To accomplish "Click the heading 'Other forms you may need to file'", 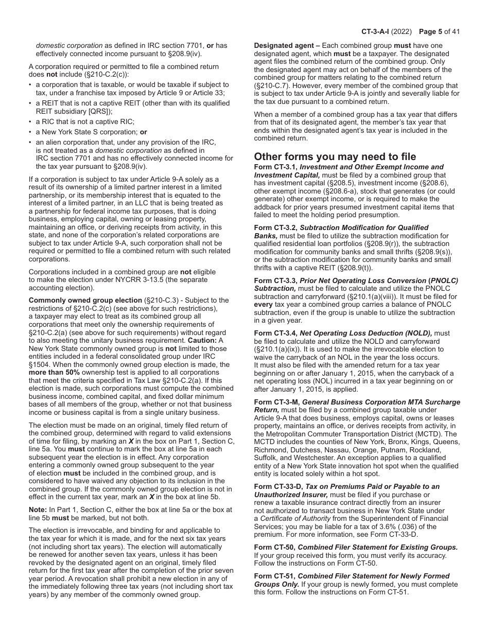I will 335,156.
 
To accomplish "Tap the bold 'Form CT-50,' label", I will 274,547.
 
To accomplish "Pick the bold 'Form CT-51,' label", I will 274,576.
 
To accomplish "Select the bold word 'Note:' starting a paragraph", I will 38,509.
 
